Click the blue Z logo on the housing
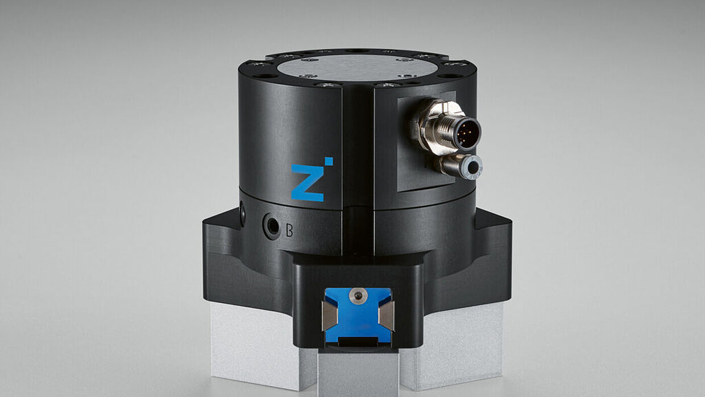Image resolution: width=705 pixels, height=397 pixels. [x=307, y=183]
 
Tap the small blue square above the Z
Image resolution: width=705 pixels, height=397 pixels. [x=329, y=161]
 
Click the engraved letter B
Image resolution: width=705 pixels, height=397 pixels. [x=289, y=231]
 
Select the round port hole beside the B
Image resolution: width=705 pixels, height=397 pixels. [x=271, y=225]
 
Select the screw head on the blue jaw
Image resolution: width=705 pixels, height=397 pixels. [x=358, y=295]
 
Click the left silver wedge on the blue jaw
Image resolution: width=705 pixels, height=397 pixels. [x=329, y=316]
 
